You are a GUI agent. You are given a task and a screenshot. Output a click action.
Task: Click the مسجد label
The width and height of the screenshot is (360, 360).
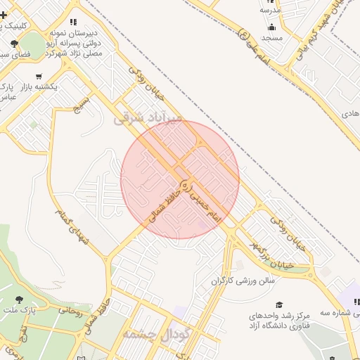[x=271, y=37]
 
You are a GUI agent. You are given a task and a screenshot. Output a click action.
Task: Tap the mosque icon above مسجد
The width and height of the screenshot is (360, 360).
[x=271, y=27]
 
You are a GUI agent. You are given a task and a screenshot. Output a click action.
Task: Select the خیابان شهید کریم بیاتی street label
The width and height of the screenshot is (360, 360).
[x=325, y=35]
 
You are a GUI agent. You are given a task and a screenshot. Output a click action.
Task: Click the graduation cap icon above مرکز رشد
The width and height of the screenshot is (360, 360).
[x=279, y=304]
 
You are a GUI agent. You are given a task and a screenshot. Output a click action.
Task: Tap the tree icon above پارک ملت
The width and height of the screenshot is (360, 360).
[x=20, y=299]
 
